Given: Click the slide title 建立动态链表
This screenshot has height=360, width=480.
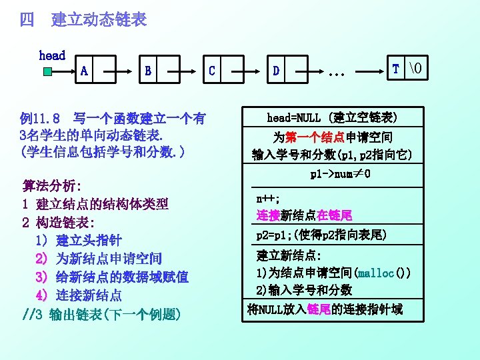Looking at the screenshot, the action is [99, 19].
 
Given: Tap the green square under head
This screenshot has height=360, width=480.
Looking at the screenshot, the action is [47, 71].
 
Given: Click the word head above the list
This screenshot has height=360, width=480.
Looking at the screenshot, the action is [52, 55].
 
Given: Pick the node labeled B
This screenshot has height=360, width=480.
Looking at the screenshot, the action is [157, 69].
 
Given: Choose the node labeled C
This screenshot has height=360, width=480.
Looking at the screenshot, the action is [221, 69].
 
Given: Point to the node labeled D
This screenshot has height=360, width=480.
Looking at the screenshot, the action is [285, 69].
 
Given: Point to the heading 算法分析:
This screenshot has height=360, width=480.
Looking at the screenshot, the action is [51, 185].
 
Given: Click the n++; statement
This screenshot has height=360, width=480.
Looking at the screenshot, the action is [268, 199].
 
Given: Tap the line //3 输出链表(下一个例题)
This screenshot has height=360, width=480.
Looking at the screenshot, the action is [101, 314].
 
